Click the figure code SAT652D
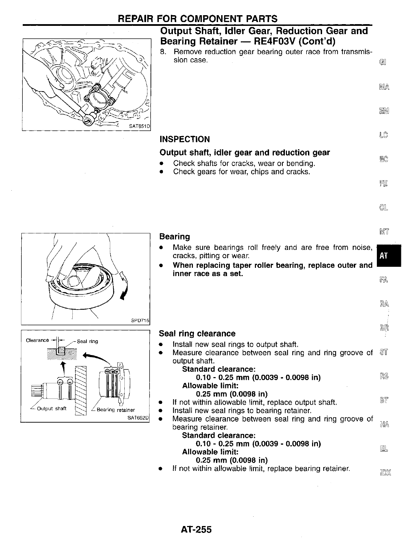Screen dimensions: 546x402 click(x=138, y=418)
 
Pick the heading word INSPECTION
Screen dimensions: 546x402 click(x=185, y=139)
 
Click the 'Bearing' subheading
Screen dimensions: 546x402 click(x=175, y=237)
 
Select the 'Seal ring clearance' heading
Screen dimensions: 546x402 click(x=197, y=334)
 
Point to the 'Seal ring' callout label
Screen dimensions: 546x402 click(x=87, y=341)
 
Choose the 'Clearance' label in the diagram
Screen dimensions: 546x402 click(x=38, y=340)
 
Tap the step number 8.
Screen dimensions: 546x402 click(x=163, y=52)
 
